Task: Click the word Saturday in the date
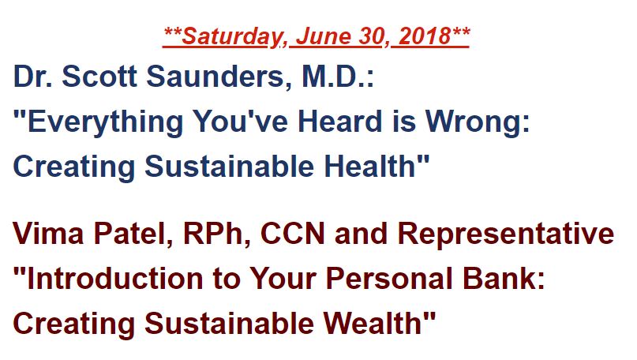pyautogui.click(x=230, y=37)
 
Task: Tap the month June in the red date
pyautogui.click(x=323, y=36)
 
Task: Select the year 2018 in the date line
pyautogui.click(x=424, y=36)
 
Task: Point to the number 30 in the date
pyautogui.click(x=371, y=36)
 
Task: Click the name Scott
pyautogui.click(x=99, y=76)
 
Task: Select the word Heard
pyautogui.click(x=339, y=121)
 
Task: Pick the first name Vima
pyautogui.click(x=48, y=234)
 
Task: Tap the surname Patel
pyautogui.click(x=130, y=234)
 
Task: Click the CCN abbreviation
pyautogui.click(x=293, y=234)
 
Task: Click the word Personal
pyautogui.click(x=389, y=279)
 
